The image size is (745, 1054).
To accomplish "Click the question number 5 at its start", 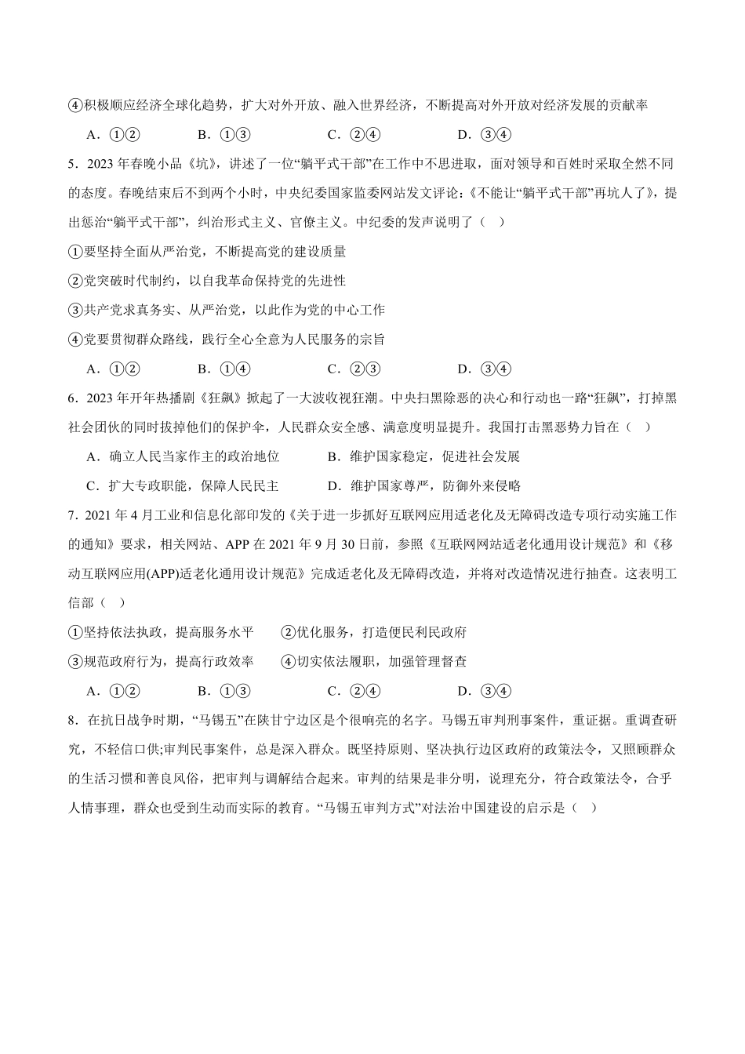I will coord(72,164).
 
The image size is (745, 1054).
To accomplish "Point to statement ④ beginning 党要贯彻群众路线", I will coord(227,340).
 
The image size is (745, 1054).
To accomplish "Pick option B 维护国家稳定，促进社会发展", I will coord(424,456).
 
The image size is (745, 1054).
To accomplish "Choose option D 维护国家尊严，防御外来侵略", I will coord(424,486).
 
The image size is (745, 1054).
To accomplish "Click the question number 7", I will coord(72,515).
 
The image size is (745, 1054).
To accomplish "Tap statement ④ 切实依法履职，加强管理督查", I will coord(374,662).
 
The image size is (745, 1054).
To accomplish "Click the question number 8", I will coord(72,720).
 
